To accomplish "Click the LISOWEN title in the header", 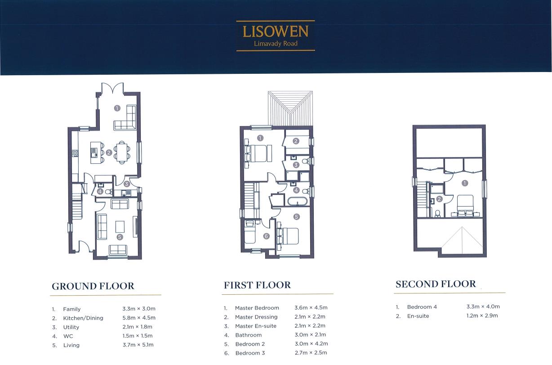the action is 276,32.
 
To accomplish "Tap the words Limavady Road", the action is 276,44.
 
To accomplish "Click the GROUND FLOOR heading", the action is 93,286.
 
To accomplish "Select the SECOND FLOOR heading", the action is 436,284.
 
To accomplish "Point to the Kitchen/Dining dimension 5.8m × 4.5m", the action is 139,318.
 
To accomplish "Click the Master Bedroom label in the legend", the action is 257,308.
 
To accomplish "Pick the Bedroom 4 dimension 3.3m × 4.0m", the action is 483,306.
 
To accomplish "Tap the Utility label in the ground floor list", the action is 71,327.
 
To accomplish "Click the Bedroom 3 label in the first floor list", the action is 250,353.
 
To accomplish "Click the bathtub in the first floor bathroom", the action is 298,201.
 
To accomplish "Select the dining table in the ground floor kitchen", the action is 122,152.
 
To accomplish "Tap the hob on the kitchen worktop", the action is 75,153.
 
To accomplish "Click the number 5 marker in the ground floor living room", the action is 120,237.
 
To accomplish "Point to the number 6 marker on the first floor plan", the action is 266,236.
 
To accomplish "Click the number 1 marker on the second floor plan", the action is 465,183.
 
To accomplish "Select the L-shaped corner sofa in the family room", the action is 125,117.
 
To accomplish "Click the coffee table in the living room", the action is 120,226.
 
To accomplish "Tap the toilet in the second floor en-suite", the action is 437,213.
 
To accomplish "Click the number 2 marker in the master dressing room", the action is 296,141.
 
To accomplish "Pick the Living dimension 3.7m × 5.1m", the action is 138,345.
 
